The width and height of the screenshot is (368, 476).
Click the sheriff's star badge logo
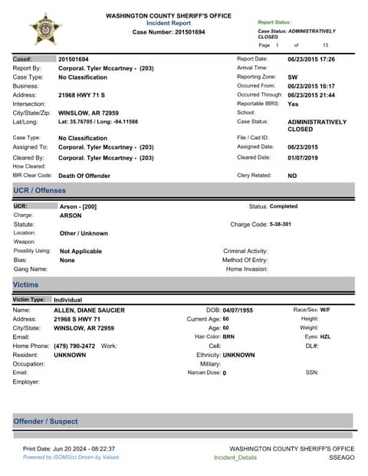click(43, 28)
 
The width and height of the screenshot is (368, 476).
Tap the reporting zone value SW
click(293, 77)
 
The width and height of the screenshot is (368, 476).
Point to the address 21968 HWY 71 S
click(84, 97)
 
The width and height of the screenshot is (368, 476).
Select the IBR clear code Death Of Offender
click(84, 176)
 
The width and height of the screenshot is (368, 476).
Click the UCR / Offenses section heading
click(40, 190)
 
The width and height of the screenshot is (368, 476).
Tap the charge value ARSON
click(71, 215)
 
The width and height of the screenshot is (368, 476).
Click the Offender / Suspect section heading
click(45, 421)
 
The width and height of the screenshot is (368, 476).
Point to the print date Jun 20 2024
click(85, 448)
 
